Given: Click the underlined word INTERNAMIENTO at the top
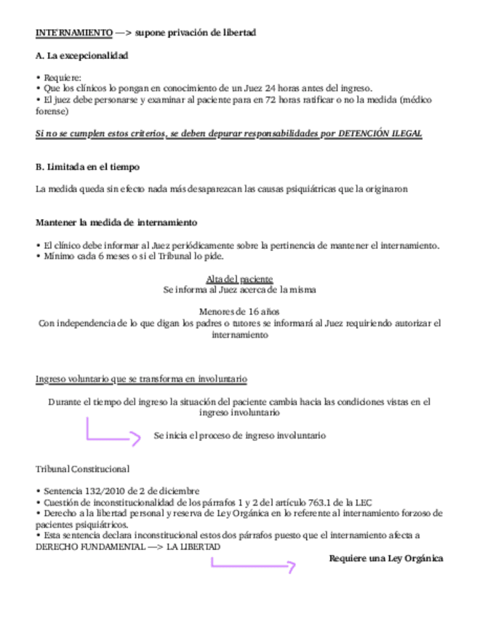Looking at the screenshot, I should point(73,33).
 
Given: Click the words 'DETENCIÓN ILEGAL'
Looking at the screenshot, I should point(380,135).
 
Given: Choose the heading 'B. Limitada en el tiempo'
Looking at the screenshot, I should point(87,167).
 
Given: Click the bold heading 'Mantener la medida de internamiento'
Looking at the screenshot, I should point(116,222).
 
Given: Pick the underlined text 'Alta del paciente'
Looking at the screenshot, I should point(239,279).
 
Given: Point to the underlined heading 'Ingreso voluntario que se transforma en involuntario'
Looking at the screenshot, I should point(141,379).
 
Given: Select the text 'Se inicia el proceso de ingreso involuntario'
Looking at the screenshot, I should point(239,435).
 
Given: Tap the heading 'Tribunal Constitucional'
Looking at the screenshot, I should point(82,469).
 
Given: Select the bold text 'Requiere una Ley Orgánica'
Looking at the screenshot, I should point(385,558).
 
